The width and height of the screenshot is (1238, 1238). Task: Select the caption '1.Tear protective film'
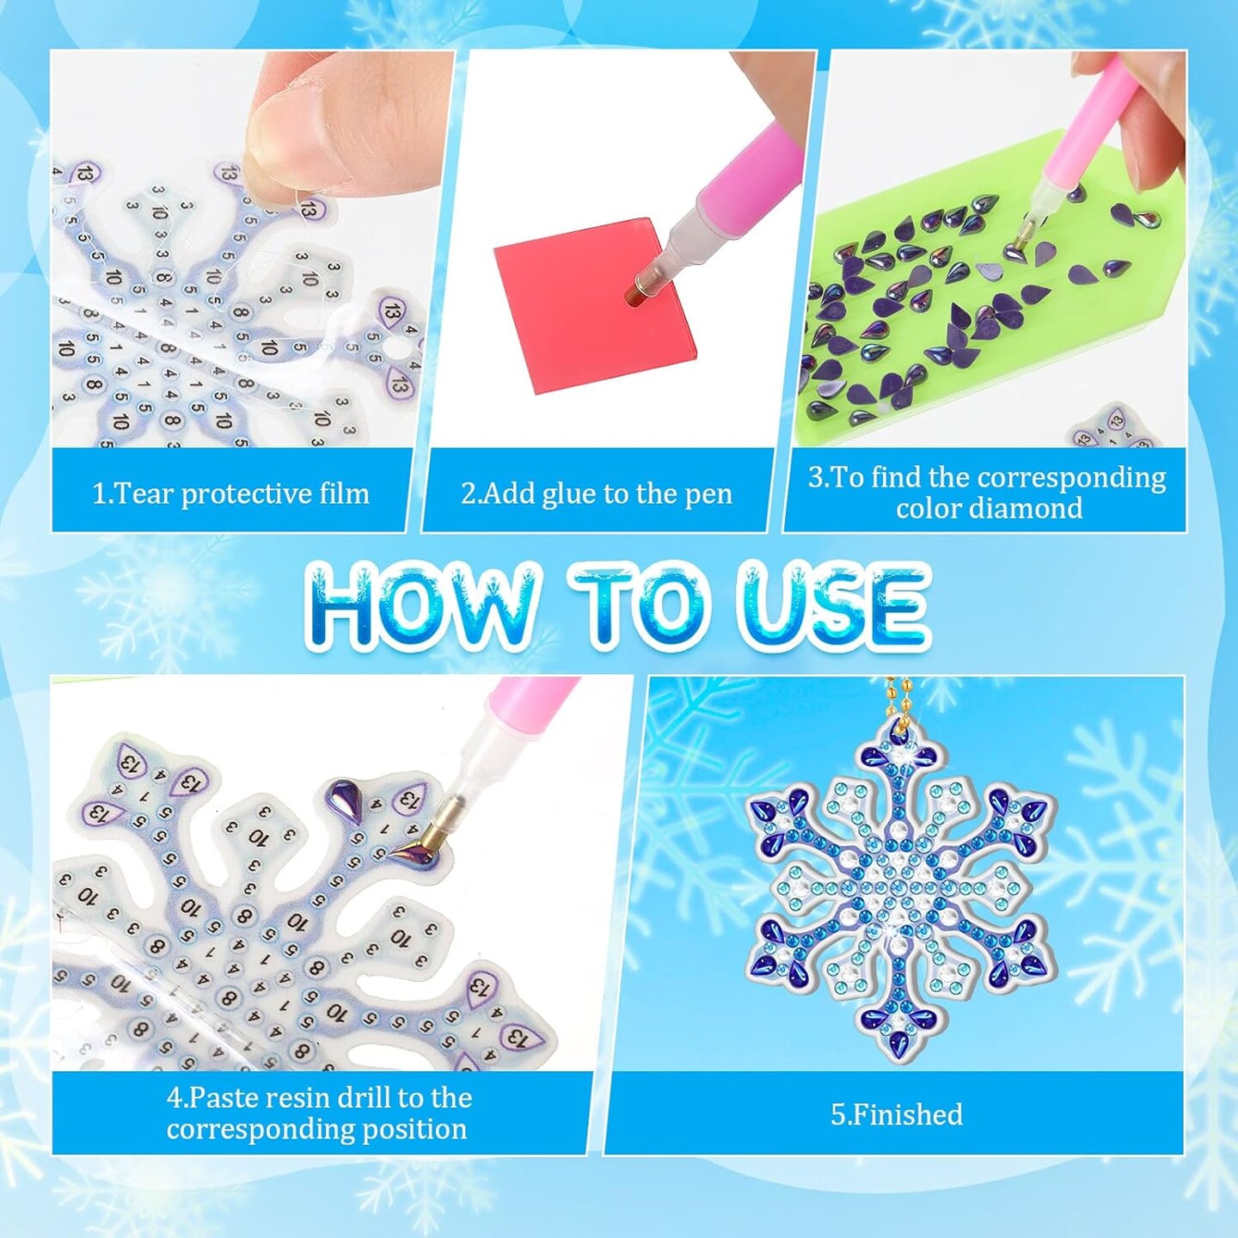point(230,494)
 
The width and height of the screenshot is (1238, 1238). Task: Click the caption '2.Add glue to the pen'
point(596,494)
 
